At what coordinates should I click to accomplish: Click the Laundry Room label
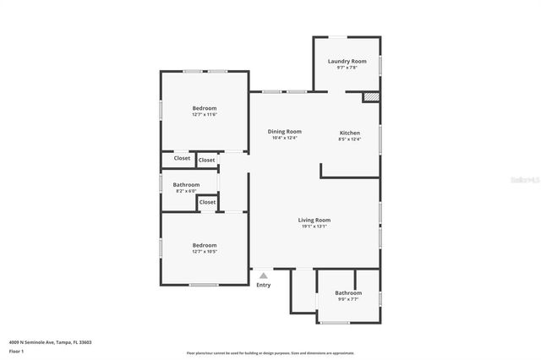point(347,61)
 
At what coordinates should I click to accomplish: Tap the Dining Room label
point(284,132)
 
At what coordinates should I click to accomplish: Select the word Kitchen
point(350,133)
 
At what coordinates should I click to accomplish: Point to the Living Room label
point(314,220)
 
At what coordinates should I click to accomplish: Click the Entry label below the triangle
point(264,285)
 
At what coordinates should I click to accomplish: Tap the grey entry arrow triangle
point(264,275)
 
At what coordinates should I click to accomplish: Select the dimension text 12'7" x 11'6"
point(205,115)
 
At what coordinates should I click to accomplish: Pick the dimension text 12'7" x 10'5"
point(205,251)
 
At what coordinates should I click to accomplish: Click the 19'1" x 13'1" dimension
point(314,226)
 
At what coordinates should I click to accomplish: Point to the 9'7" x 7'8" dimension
point(347,68)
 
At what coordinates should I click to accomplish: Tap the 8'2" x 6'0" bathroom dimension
point(186,191)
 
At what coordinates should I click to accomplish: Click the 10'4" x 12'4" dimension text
point(284,139)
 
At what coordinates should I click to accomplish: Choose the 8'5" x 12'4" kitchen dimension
point(350,139)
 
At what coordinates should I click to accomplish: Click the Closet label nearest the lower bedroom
point(207,202)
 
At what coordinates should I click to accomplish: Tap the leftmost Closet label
point(182,158)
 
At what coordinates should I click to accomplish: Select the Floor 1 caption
point(17,351)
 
